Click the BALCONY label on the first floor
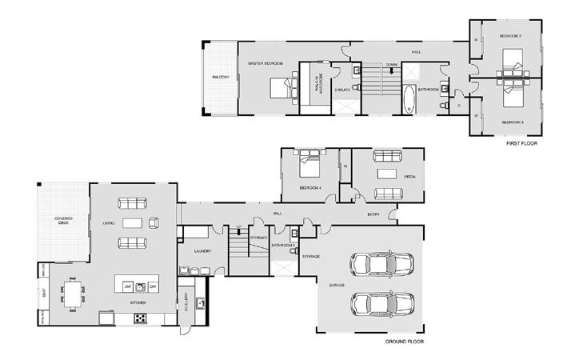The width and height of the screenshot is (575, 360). (222, 77)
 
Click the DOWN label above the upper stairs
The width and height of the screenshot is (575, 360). (391, 64)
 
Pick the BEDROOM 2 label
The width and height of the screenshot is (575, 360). (510, 37)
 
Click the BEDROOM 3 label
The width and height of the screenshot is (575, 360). (512, 122)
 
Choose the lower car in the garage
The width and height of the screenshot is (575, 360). (382, 304)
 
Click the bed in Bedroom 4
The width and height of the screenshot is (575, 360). (309, 170)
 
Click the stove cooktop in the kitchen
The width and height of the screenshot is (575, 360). (140, 317)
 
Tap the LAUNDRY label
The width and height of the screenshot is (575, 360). (202, 252)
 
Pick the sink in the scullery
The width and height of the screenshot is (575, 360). (201, 302)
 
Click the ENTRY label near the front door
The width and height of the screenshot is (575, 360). (373, 214)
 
